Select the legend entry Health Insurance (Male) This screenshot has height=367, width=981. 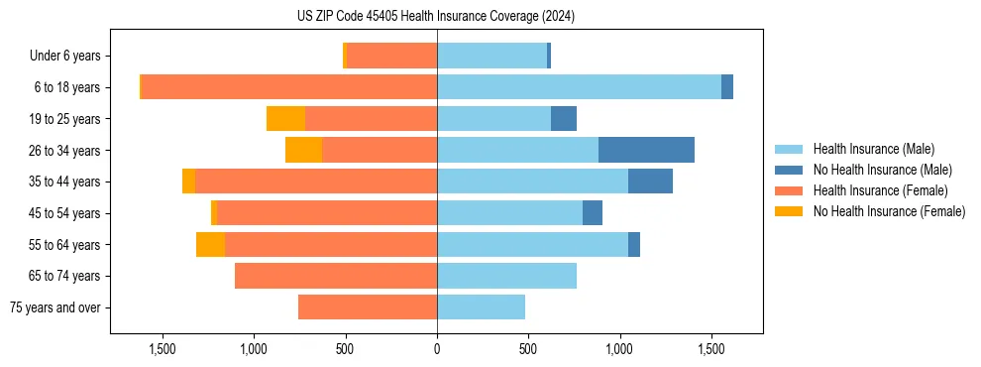coord(872,149)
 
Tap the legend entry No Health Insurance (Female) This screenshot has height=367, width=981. coord(889,211)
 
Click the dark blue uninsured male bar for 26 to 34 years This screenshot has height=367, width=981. coord(646,150)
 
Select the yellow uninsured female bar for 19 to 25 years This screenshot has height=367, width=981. coord(285,119)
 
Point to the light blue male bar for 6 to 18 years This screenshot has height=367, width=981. coord(579,87)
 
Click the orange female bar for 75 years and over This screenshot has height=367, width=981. coord(368,307)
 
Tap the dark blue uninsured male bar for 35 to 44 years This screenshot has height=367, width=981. coord(650,182)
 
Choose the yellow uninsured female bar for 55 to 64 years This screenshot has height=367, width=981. coord(210,244)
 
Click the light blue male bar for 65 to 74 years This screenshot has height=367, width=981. coord(506,276)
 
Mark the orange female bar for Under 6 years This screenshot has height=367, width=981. coord(391,56)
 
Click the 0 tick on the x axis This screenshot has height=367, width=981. coord(437,349)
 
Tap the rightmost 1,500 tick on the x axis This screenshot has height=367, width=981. coord(711,349)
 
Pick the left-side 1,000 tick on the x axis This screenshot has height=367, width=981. coord(254,349)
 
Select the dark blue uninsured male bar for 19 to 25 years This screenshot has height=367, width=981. coord(563,119)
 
